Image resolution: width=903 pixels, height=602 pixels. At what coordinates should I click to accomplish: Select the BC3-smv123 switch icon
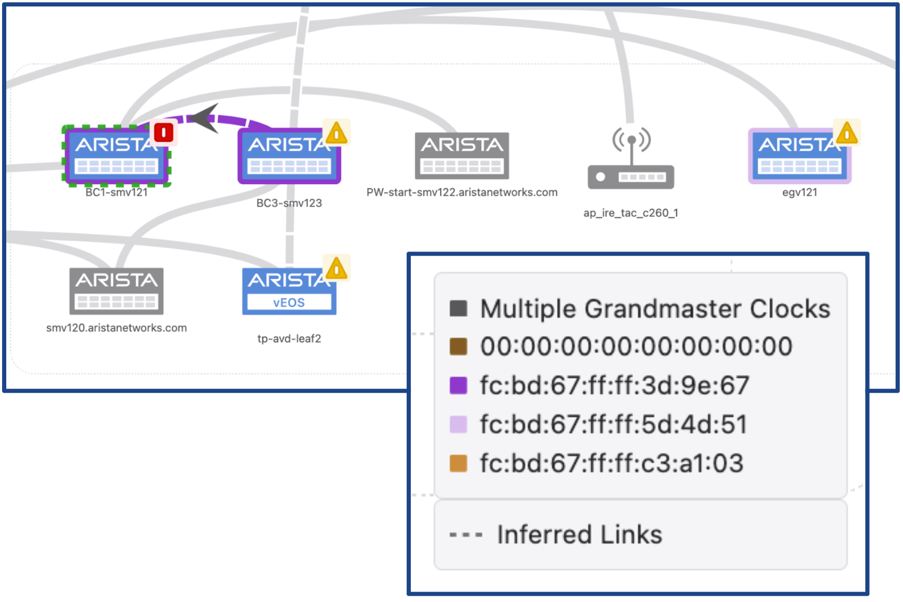click(x=289, y=156)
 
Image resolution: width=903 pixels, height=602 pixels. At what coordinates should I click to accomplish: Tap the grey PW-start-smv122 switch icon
click(x=461, y=155)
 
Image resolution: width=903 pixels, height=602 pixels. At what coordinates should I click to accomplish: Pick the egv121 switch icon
click(x=799, y=156)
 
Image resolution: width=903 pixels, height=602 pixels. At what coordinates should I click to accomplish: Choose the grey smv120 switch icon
click(x=116, y=291)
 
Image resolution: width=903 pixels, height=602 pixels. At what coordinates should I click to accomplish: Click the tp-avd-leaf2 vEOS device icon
click(x=289, y=291)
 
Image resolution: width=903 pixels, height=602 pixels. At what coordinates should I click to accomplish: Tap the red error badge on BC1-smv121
click(x=164, y=132)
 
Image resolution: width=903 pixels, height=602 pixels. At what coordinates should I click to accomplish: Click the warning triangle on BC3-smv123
click(x=337, y=133)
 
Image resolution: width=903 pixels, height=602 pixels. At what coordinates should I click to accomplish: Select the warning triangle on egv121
click(x=847, y=133)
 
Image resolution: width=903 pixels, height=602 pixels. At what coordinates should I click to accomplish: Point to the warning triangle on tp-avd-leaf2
click(x=337, y=269)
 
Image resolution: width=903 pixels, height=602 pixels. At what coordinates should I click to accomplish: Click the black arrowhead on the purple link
click(x=205, y=118)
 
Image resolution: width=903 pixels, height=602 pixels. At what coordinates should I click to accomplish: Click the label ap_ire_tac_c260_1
click(x=631, y=213)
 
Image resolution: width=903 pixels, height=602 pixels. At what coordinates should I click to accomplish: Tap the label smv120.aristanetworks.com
click(x=116, y=328)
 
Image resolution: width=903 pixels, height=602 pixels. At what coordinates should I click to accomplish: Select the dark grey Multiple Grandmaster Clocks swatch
click(x=458, y=308)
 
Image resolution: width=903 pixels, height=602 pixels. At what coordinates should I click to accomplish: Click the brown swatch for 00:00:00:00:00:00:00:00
click(x=458, y=346)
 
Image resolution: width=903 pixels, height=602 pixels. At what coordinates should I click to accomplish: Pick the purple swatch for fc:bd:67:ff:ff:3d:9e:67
click(x=458, y=386)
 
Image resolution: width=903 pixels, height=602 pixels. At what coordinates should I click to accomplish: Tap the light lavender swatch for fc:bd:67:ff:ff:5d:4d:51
click(x=458, y=424)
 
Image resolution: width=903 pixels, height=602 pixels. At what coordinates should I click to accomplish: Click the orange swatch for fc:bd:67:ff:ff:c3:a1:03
click(x=458, y=463)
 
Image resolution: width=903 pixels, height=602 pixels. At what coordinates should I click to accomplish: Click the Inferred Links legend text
click(x=579, y=535)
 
